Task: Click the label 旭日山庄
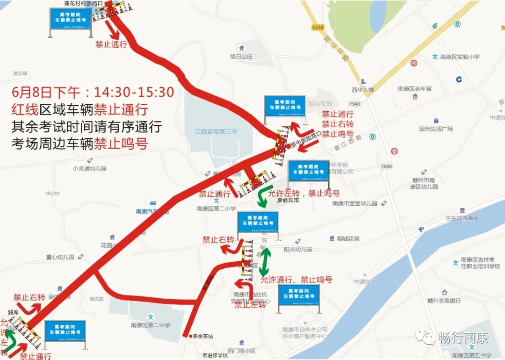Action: coord(241,57)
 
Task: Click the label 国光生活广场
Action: coord(436,129)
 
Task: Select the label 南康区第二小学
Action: coord(216,209)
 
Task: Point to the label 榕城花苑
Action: coord(348,239)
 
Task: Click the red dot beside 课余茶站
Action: coord(190,336)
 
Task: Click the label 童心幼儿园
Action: coord(60,257)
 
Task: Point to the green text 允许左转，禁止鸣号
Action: coord(303,193)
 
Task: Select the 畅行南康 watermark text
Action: coord(463,338)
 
